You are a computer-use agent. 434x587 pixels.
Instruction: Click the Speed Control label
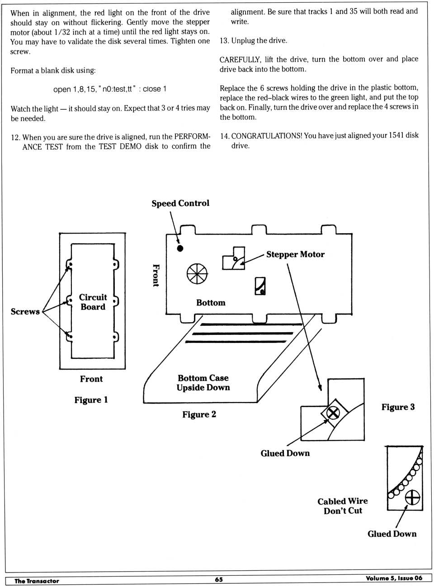coord(180,203)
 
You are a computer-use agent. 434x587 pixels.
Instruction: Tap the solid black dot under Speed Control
coord(180,248)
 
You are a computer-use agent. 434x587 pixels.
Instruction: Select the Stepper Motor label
coord(295,254)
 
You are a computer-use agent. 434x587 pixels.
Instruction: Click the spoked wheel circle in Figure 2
coord(197,273)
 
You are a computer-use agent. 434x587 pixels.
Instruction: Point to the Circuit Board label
coord(93,302)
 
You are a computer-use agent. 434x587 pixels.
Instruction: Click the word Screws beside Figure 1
coord(25,311)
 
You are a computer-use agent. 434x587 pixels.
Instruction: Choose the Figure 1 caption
coord(91,400)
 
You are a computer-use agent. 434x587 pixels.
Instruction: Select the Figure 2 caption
coord(199,414)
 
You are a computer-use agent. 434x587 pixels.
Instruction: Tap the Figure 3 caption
coord(398,407)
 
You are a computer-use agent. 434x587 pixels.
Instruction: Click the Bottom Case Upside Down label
coord(203,383)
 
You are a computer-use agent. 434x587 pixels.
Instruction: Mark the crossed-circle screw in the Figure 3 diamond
coord(333,412)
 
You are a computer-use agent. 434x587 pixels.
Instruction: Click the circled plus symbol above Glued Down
coord(412,498)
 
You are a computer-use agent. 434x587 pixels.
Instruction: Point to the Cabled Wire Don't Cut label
coord(343,506)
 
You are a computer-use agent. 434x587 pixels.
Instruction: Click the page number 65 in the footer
coord(219,580)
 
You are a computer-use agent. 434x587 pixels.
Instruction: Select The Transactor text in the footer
coord(37,581)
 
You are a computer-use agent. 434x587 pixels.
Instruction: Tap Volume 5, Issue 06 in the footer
coord(394,578)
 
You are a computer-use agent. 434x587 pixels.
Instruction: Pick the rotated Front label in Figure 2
coord(156,276)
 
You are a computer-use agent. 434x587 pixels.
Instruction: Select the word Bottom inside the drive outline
coord(211,303)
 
